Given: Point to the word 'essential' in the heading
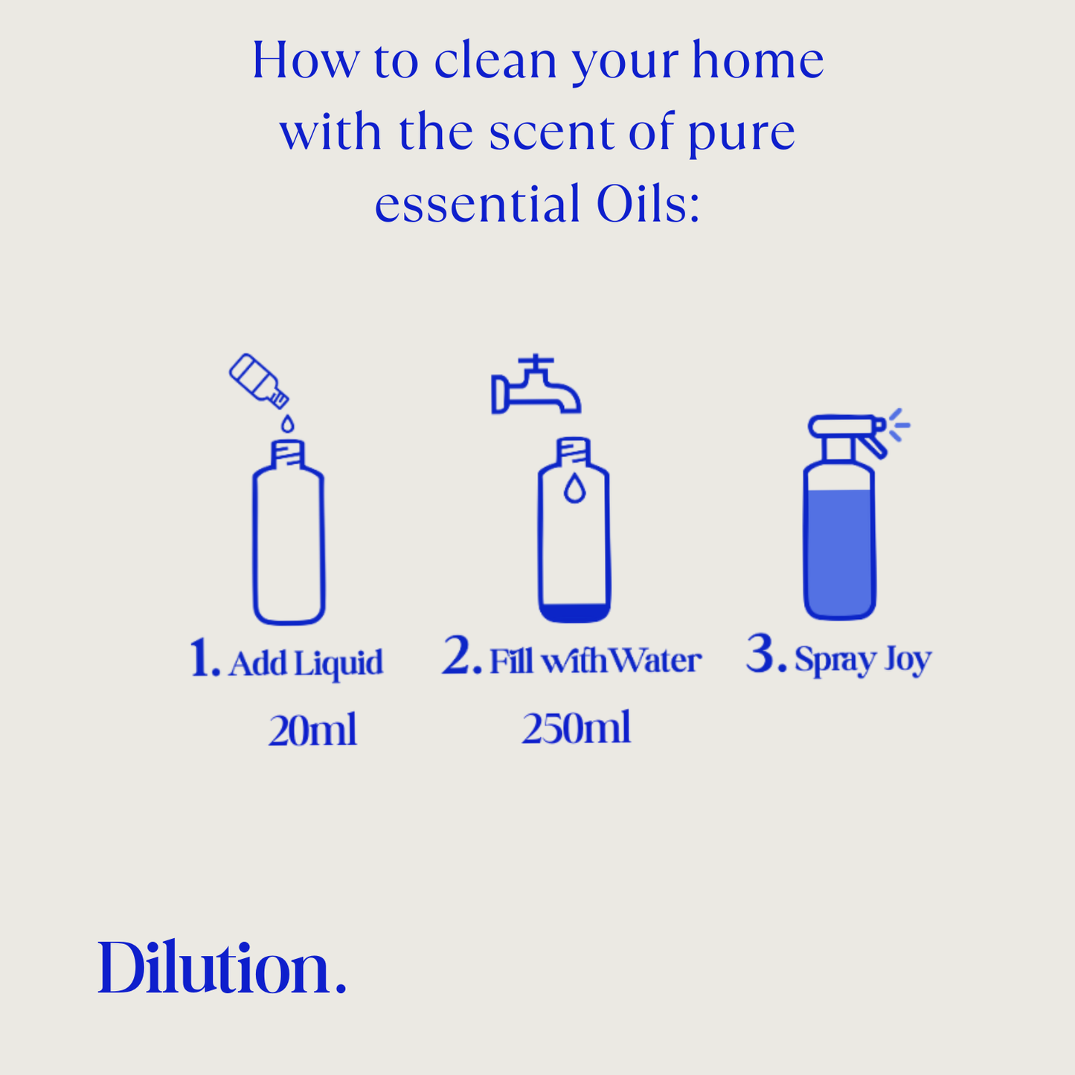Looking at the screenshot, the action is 478,204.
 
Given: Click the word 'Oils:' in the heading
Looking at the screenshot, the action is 648,204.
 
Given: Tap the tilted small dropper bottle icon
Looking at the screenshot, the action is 259,381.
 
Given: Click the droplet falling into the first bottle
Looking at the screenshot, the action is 287,423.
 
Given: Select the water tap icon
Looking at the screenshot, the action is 536,385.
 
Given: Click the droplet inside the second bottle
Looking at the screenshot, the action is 574,488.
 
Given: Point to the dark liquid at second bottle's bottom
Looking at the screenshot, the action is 574,613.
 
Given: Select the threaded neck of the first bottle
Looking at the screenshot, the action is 288,454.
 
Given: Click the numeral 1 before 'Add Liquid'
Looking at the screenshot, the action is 204,658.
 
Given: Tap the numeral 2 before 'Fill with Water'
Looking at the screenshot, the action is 461,656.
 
